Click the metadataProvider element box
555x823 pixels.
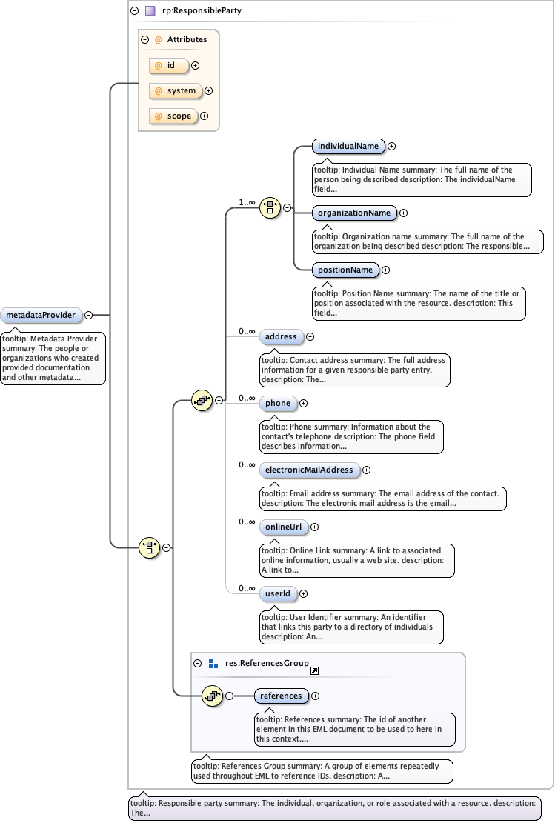(41, 315)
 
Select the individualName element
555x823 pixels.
(348, 147)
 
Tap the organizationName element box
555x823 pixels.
(353, 213)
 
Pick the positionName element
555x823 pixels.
(345, 270)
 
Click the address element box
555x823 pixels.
(281, 337)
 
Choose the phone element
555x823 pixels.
(278, 404)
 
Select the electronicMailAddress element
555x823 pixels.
(309, 470)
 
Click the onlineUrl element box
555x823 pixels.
(282, 527)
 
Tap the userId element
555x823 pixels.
(278, 593)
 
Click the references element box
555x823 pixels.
(281, 696)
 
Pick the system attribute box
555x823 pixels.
(176, 91)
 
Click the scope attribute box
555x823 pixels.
(173, 116)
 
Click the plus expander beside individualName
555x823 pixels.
(392, 147)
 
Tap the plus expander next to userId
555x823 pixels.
(303, 593)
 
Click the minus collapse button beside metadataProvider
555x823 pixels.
(88, 315)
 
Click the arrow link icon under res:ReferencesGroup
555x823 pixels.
(314, 671)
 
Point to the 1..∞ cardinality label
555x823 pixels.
(247, 201)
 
